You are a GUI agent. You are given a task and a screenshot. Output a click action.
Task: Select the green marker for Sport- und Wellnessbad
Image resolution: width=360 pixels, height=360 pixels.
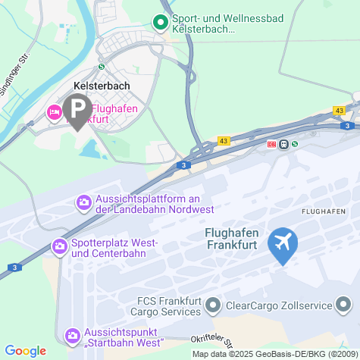tap(160, 23)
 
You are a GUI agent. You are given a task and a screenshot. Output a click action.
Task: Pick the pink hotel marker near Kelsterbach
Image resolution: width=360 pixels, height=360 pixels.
tap(54, 112)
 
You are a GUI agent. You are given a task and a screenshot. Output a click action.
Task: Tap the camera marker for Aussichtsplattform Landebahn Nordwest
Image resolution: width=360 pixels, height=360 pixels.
tap(83, 202)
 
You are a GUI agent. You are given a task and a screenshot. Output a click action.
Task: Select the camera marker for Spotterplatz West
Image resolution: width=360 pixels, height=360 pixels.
tap(59, 246)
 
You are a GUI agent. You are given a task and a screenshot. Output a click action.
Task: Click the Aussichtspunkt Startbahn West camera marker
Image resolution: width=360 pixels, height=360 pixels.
tap(72, 334)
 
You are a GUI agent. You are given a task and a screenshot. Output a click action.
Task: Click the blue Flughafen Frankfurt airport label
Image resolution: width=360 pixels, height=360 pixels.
tap(236, 238)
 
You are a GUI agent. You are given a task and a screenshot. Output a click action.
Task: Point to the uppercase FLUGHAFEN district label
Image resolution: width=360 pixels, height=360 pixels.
tap(324, 210)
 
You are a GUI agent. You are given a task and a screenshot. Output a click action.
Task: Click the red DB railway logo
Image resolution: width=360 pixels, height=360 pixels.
tap(272, 144)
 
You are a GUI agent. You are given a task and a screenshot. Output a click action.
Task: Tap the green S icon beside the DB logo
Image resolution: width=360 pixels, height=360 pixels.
tap(295, 144)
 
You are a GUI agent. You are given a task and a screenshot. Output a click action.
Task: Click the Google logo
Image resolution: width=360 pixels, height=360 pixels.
tap(25, 350)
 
